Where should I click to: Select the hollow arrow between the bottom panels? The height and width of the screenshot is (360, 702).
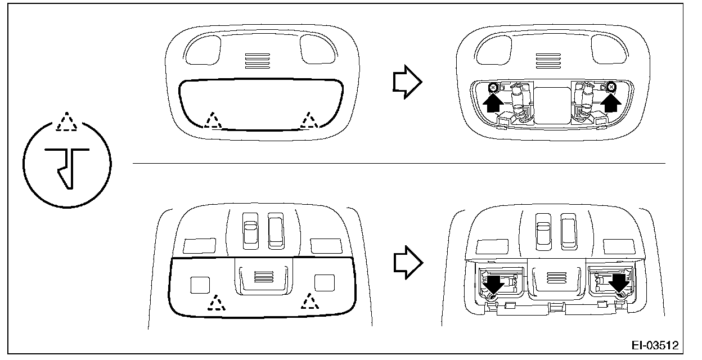point(406,260)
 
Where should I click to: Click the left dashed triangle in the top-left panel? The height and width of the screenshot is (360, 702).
point(213,120)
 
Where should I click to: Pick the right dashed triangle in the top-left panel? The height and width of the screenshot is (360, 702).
point(308,120)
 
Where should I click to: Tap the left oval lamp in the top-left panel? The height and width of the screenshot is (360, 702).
point(201,49)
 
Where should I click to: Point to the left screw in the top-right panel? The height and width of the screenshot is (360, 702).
point(492,87)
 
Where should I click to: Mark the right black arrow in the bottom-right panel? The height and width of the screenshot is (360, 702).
point(619,284)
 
